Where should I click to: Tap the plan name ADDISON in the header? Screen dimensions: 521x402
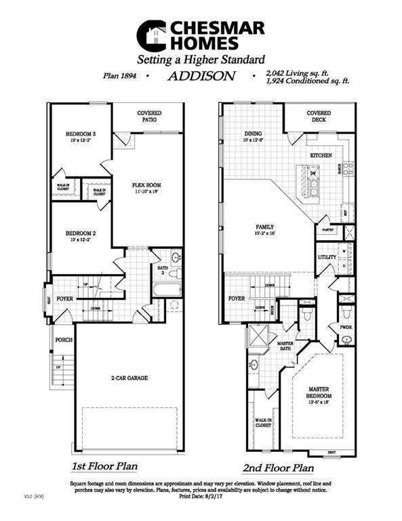(201, 77)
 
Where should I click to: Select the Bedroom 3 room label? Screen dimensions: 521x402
(80, 134)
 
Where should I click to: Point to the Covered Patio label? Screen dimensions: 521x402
(149, 117)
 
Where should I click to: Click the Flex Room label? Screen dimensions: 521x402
(146, 185)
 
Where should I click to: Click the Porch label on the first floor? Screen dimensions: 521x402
(64, 340)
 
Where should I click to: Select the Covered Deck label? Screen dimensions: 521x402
(319, 117)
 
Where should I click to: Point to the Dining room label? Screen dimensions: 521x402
(254, 134)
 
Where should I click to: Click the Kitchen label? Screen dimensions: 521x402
(321, 155)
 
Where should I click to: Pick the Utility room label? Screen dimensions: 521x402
(327, 258)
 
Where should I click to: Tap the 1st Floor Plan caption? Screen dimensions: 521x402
(106, 467)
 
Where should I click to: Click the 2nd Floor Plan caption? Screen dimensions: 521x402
(278, 467)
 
